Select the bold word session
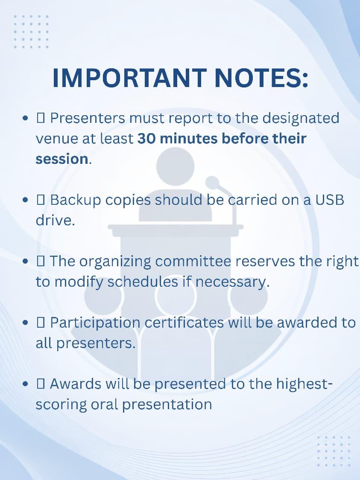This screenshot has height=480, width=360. tap(62, 159)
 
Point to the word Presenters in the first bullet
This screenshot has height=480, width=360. tap(88, 118)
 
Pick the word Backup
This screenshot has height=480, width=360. tap(75, 201)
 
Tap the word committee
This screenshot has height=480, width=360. tap(193, 261)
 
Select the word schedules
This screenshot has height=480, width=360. tap(143, 282)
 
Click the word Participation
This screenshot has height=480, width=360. tap(95, 323)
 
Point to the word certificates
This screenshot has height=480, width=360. tap(184, 323)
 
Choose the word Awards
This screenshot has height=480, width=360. tap(75, 384)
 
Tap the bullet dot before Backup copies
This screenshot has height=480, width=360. tap(26, 200)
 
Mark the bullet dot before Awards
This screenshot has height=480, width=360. tap(26, 384)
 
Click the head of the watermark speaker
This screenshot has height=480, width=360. tap(175, 166)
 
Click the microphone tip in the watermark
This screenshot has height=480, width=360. tap(212, 183)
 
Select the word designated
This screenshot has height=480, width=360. tap(301, 119)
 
